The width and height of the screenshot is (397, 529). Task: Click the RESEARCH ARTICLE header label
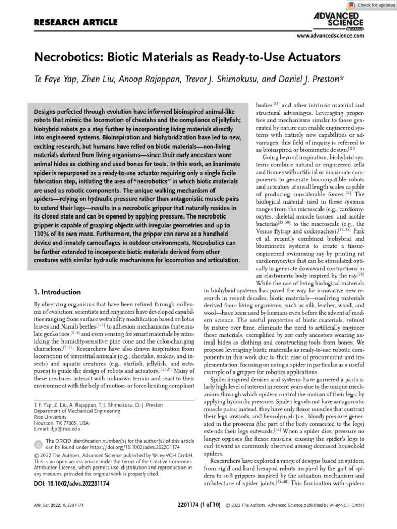click(x=75, y=22)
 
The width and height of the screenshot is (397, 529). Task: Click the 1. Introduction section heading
click(x=57, y=292)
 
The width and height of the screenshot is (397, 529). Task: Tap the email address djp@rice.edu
click(x=63, y=429)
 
